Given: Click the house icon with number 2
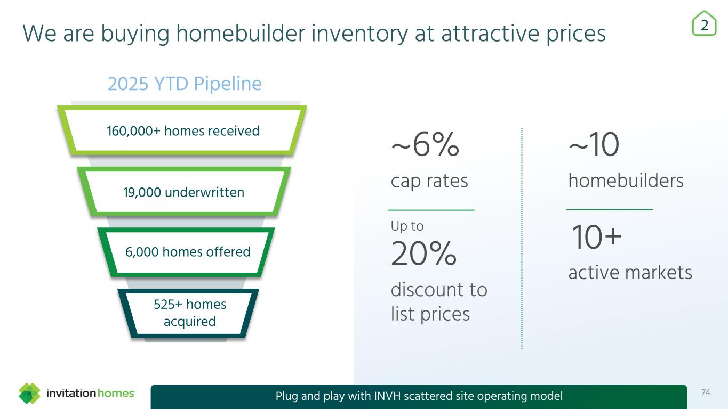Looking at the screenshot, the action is pyautogui.click(x=705, y=23).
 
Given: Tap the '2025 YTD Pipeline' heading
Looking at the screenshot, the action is pyautogui.click(x=185, y=84).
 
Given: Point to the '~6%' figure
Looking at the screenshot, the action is pyautogui.click(x=425, y=144).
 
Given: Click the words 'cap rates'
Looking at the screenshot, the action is pyautogui.click(x=429, y=181).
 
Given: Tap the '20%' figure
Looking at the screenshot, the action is pyautogui.click(x=424, y=253).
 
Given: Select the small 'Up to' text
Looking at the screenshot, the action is pyautogui.click(x=407, y=226).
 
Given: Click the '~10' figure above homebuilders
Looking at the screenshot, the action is pyautogui.click(x=594, y=144).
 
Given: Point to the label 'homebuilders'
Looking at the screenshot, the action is pyautogui.click(x=626, y=181).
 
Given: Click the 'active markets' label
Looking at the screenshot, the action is pyautogui.click(x=630, y=272).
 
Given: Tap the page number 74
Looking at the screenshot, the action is pyautogui.click(x=706, y=393).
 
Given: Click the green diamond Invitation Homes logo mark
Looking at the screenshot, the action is pyautogui.click(x=29, y=393).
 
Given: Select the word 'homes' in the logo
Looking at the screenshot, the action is pyautogui.click(x=116, y=394).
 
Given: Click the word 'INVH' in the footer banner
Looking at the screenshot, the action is pyautogui.click(x=387, y=396).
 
